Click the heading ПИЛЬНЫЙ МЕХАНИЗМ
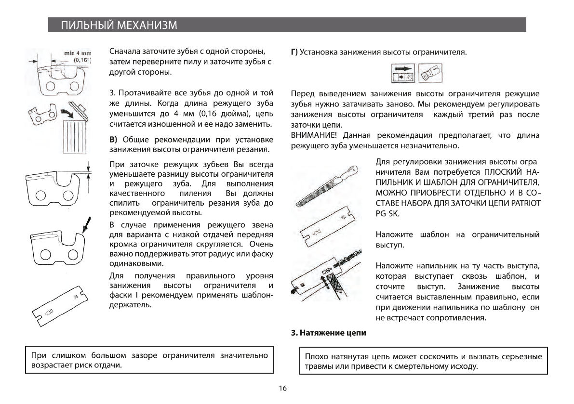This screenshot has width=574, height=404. [x=118, y=25]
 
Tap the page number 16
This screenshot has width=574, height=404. [x=283, y=388]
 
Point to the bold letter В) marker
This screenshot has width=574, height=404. [x=114, y=140]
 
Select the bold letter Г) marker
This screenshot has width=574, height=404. [x=295, y=52]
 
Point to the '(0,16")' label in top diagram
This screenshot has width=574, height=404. [x=80, y=61]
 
